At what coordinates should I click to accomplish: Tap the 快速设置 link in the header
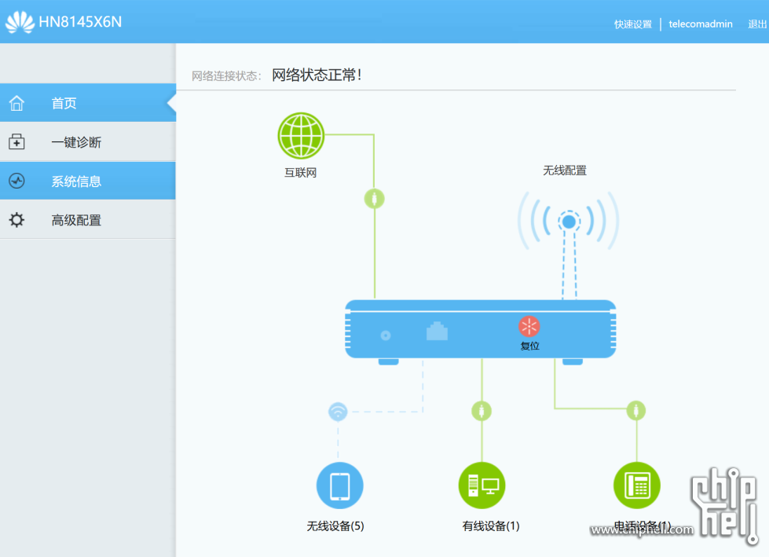pyautogui.click(x=633, y=24)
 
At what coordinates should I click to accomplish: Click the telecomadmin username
pyautogui.click(x=701, y=24)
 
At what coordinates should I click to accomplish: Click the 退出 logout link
pyautogui.click(x=757, y=24)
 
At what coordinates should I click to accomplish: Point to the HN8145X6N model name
pyautogui.click(x=80, y=22)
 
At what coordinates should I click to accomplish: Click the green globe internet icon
pyautogui.click(x=301, y=136)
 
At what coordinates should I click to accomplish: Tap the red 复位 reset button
pyautogui.click(x=529, y=327)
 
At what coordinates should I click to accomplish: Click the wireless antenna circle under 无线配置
pyautogui.click(x=569, y=222)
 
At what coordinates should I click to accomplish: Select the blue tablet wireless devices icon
pyautogui.click(x=339, y=486)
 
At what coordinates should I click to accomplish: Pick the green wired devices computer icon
pyautogui.click(x=482, y=486)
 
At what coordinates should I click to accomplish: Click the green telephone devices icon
pyautogui.click(x=636, y=486)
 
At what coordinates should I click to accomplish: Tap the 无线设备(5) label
pyautogui.click(x=335, y=526)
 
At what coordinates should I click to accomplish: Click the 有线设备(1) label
pyautogui.click(x=491, y=526)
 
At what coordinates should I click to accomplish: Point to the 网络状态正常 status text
pyautogui.click(x=317, y=75)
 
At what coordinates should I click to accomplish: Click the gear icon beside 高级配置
pyautogui.click(x=16, y=221)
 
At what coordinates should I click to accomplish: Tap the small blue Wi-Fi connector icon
pyautogui.click(x=337, y=412)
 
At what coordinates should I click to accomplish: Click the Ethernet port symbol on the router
pyautogui.click(x=437, y=332)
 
